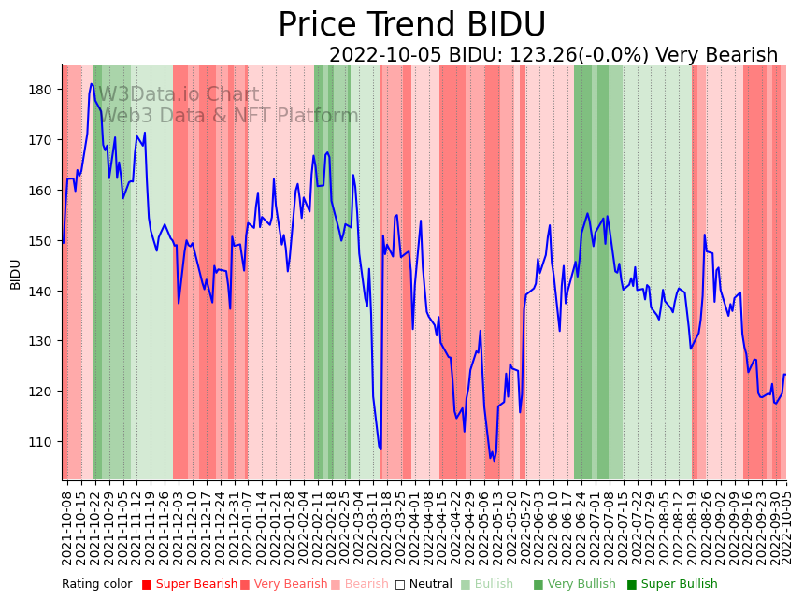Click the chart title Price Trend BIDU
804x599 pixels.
point(411,24)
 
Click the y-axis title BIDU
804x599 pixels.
point(16,275)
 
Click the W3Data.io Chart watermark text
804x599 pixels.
point(179,94)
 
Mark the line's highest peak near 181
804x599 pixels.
point(92,84)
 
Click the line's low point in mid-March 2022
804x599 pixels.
point(380,449)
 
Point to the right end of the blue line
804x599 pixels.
point(785,375)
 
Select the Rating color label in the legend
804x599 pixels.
point(97,585)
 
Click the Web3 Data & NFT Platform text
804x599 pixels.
point(229,116)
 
